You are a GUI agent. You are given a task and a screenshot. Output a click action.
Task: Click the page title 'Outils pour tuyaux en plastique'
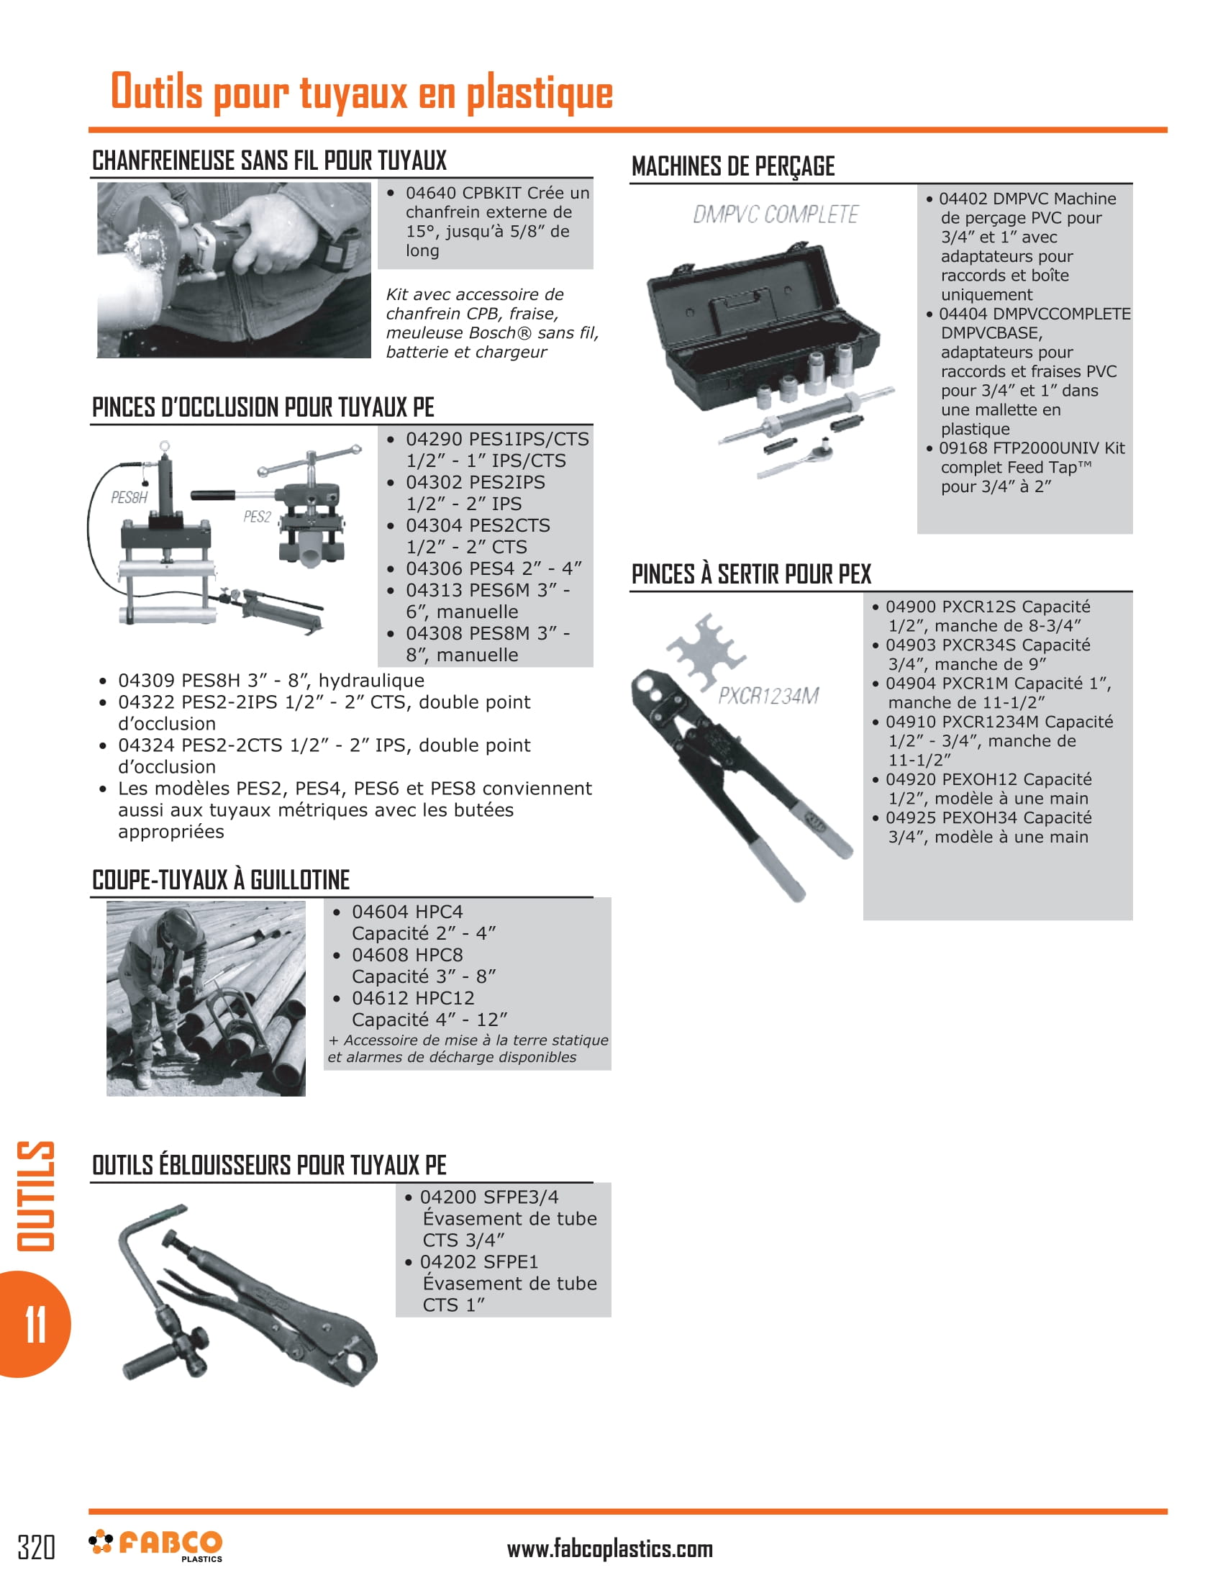pos(362,93)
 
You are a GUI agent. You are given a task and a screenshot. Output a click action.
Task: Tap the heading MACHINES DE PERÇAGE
pos(732,167)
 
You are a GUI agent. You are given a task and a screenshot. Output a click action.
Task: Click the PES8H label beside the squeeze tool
pos(129,497)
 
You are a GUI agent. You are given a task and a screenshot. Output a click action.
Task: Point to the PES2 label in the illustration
pos(258,517)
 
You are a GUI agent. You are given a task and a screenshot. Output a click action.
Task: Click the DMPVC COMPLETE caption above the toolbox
pos(776,214)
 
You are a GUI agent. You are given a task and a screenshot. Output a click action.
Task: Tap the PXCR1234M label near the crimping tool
pos(768,696)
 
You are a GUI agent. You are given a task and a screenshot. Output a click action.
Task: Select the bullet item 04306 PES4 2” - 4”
pos(493,568)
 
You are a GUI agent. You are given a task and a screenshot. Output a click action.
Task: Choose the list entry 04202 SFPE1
pos(479,1262)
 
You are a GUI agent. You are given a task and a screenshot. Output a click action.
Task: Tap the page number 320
pos(35,1547)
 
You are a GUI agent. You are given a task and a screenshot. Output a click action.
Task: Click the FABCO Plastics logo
pos(157,1546)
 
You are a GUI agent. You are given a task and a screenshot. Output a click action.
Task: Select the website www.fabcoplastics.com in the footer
pos(609,1549)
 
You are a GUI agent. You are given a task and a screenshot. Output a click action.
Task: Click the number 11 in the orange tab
pos(35,1324)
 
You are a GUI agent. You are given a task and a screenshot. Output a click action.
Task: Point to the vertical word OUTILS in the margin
pos(35,1195)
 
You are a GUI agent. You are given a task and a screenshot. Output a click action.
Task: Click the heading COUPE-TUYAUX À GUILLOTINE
pos(221,880)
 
